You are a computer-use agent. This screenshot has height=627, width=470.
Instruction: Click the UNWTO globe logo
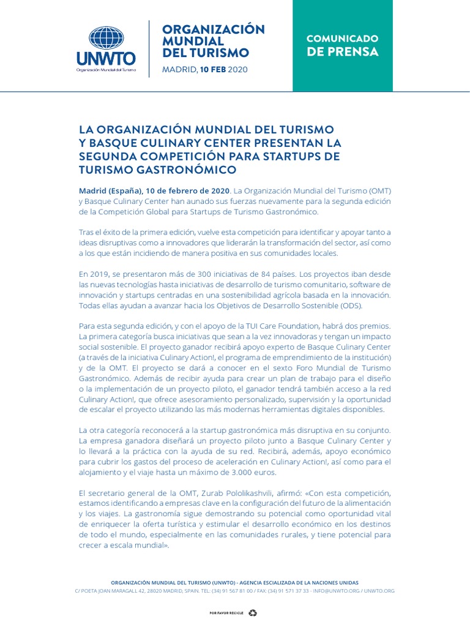point(106,38)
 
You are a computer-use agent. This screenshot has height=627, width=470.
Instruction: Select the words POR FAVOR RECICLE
point(226,612)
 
